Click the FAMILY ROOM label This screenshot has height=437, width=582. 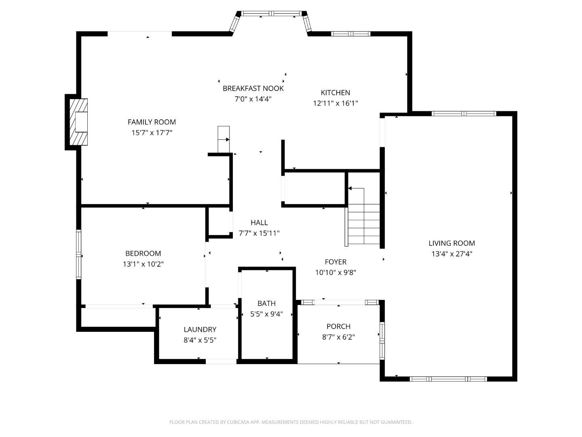coord(152,122)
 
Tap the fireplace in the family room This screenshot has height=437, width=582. coord(78,122)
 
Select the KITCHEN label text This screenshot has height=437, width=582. coord(335,93)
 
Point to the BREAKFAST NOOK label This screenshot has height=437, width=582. coord(253,88)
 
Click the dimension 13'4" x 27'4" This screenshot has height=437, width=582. coord(452,254)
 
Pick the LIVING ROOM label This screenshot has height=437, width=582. coord(452,243)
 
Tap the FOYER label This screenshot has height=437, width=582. coord(336,262)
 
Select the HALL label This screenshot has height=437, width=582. coord(259,223)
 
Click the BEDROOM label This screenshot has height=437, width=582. coord(143,253)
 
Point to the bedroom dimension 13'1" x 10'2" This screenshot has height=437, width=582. coord(143,264)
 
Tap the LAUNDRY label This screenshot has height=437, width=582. coord(200,329)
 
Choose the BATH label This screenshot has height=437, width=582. coord(266,303)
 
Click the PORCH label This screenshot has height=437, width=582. coord(339,326)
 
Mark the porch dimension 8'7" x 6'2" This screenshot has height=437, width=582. coord(339,337)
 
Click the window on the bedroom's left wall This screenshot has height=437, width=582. coord(79,254)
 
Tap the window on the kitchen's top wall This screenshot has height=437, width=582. coord(350,34)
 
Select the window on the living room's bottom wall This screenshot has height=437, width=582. coord(448,379)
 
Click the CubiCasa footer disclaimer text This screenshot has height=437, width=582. coord(291,422)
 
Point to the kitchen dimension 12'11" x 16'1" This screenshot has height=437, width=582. coord(335,103)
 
